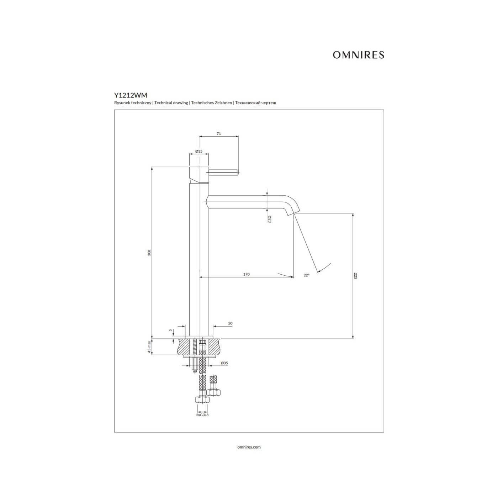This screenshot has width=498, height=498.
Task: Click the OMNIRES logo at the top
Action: point(358,55)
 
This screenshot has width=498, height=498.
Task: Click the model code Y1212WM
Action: point(131,95)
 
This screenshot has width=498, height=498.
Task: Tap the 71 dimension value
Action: point(219,134)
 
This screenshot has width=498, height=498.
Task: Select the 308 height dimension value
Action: point(149,253)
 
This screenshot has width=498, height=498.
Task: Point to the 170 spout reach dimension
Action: point(246,274)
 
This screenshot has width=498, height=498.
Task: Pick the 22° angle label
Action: point(307,275)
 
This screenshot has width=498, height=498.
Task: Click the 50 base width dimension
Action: point(230,323)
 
